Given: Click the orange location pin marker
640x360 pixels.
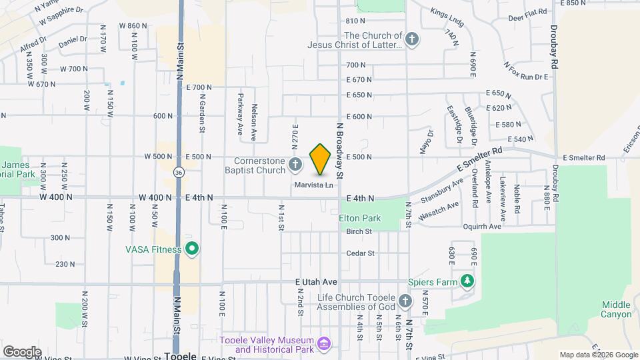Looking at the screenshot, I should [321, 159].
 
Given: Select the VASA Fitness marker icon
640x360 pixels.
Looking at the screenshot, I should [193, 250].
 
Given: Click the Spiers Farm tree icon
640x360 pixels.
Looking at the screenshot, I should [469, 281].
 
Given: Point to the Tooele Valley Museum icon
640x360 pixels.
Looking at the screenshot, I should [325, 344].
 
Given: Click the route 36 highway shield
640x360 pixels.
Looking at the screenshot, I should [178, 172].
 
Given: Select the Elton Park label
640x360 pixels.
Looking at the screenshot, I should [359, 218].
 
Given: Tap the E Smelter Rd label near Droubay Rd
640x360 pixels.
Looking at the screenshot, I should [583, 158].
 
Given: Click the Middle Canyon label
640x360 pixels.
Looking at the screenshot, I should [615, 309].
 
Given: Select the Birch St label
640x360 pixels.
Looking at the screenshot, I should [359, 231].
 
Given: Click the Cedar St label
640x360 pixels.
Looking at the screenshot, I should [361, 253].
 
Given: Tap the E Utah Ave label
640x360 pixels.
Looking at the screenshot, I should [317, 283].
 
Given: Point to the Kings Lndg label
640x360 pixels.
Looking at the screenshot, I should [446, 13].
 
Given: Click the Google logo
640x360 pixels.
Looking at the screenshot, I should [22, 351].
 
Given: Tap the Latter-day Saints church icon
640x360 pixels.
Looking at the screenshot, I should [412, 39].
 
